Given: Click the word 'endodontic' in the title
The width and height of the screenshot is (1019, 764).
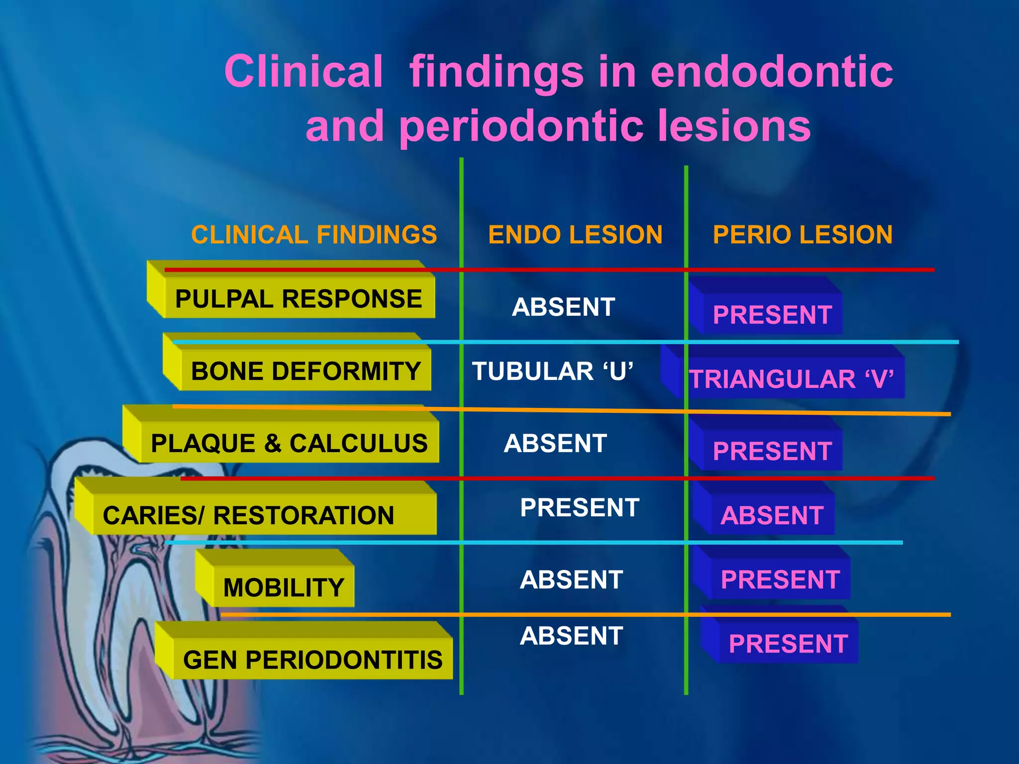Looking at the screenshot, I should click(771, 72).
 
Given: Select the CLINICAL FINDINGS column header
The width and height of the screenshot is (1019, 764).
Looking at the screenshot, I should click(314, 235).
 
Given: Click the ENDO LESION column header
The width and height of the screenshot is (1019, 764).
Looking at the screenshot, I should click(575, 235).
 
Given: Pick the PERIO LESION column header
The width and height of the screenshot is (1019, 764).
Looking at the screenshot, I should click(803, 235).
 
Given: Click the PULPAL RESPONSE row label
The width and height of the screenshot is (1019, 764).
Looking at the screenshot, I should click(299, 299).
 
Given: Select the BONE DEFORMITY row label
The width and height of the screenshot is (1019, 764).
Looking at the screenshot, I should click(306, 372).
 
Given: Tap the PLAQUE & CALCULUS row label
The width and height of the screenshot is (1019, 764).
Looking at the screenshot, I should click(289, 444).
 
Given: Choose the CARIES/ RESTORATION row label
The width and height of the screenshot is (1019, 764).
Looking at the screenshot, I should click(248, 515).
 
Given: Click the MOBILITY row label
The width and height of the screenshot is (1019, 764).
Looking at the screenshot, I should click(284, 588).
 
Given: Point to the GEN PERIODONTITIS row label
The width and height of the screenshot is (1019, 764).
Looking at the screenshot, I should click(312, 660).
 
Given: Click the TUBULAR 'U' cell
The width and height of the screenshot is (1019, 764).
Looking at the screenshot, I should click(552, 372).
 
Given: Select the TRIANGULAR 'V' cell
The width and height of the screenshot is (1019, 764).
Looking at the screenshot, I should click(791, 380).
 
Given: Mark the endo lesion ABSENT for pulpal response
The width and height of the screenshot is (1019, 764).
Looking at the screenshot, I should click(563, 307).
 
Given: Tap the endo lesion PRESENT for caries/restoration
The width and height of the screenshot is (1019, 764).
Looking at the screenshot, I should click(580, 508).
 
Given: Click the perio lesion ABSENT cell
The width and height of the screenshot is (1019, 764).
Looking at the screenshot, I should click(772, 515).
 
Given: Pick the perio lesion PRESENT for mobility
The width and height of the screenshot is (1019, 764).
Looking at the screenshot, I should click(780, 580).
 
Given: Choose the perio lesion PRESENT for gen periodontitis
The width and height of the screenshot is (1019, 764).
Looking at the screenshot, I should click(788, 644).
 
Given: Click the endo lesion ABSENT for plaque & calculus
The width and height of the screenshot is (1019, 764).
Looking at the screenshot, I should click(555, 444).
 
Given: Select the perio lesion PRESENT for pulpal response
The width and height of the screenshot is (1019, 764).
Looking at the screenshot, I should click(772, 315).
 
